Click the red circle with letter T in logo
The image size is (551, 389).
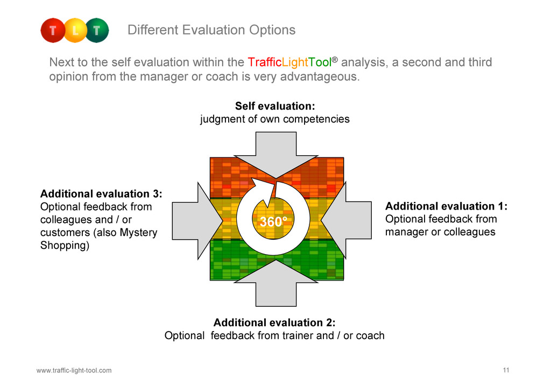coord(53,31)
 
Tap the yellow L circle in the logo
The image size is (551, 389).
coord(75,31)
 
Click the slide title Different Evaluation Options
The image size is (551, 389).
coord(211,30)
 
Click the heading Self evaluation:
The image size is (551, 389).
coord(275,106)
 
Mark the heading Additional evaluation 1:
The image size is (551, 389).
coord(446,206)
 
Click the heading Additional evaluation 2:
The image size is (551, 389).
coord(274,322)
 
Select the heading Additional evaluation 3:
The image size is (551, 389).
coord(101,193)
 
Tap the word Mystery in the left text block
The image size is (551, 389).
coord(138,233)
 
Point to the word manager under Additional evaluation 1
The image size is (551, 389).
coord(405,232)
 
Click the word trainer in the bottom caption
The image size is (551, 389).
coord(298,336)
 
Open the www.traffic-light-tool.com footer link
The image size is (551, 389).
coord(74,370)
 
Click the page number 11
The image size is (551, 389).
coord(506,370)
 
